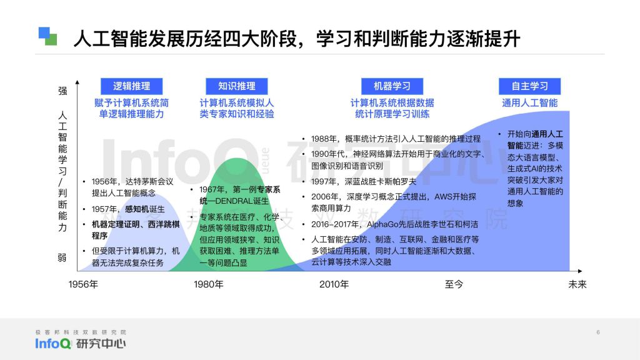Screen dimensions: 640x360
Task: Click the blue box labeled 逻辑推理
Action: pos(131,86)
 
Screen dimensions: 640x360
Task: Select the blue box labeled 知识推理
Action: pos(237,86)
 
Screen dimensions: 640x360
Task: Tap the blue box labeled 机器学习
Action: pos(392,86)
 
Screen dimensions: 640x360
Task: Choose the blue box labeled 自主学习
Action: pos(530,86)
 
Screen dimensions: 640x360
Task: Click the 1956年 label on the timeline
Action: pos(83,284)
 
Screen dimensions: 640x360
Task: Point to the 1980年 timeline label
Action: pos(209,284)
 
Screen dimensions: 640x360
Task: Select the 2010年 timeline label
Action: pos(334,284)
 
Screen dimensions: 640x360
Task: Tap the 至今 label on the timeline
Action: pos(454,284)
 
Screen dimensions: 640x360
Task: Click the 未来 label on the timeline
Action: pos(577,284)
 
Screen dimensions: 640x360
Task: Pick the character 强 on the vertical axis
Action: pos(62,91)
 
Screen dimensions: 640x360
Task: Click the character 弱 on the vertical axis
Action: pos(62,257)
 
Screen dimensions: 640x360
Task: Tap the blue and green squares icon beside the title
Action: pos(47,36)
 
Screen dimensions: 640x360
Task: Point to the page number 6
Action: pos(598,332)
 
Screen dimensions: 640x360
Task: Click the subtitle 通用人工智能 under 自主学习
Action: pos(530,103)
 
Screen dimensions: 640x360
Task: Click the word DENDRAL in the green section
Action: pos(234,201)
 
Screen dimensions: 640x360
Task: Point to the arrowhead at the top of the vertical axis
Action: pos(77,82)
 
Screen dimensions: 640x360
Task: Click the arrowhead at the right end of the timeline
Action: pos(580,271)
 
